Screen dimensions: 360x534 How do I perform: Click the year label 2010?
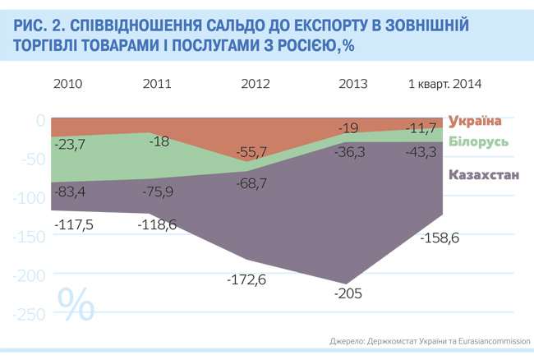[x=67, y=83]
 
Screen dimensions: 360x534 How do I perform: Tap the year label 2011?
[x=157, y=83]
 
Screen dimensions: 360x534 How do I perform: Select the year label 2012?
[x=255, y=83]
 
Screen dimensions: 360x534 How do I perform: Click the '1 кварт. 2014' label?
[x=444, y=83]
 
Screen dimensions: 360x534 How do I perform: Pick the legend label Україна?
[x=475, y=121]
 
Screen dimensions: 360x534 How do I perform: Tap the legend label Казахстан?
[x=484, y=174]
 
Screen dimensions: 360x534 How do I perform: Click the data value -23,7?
[x=69, y=145]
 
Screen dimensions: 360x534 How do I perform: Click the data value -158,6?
[x=439, y=238]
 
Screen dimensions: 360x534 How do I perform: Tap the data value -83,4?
[x=69, y=192]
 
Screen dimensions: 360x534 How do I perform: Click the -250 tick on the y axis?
[x=27, y=312]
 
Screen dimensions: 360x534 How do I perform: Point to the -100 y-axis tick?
[x=27, y=197]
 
